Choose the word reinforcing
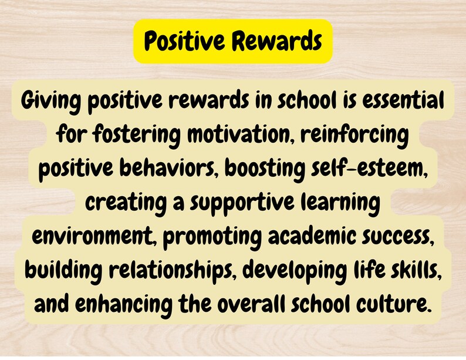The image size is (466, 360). pos(354,135)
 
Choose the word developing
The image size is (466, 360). pos(296,270)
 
